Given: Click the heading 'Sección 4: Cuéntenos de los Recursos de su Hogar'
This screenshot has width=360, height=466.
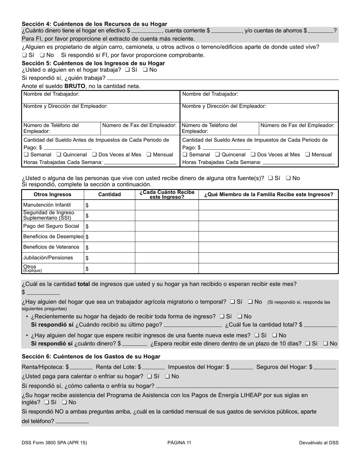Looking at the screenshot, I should pyautogui.click(x=94, y=24).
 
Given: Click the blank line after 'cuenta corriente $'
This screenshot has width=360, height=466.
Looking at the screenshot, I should pyautogui.click(x=226, y=31).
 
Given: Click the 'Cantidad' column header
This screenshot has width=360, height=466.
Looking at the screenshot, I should pyautogui.click(x=110, y=194).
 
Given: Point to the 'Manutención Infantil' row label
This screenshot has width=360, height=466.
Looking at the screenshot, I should pyautogui.click(x=47, y=205).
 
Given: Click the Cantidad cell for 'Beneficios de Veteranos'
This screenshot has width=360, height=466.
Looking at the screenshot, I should pyautogui.click(x=110, y=247).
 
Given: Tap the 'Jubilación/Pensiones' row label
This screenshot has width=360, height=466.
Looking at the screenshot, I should pyautogui.click(x=48, y=258).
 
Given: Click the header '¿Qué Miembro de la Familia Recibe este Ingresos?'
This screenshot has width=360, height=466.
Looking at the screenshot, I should pyautogui.click(x=268, y=194).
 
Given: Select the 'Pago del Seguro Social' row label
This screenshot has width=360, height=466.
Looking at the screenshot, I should pyautogui.click(x=51, y=226).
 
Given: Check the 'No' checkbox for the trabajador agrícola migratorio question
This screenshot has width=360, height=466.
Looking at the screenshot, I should pyautogui.click(x=250, y=302).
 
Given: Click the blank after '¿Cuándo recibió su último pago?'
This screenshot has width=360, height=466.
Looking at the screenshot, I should pyautogui.click(x=193, y=325).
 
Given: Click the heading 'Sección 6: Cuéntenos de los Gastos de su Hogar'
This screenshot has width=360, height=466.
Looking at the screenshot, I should pyautogui.click(x=91, y=357).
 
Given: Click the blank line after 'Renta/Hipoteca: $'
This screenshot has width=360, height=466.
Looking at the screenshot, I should pyautogui.click(x=81, y=367).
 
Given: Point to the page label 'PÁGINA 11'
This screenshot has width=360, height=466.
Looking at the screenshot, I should pyautogui.click(x=179, y=443).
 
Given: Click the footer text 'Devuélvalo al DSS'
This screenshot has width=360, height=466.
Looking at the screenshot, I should pyautogui.click(x=318, y=443).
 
